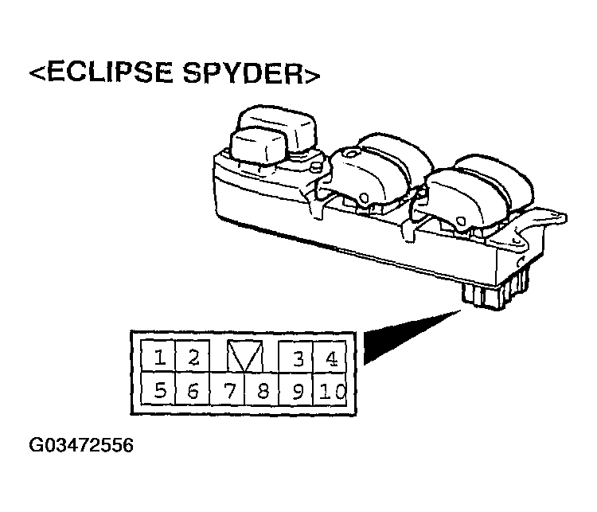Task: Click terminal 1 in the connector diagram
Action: (158, 356)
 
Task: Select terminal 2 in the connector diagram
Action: (193, 356)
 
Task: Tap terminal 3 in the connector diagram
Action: (296, 356)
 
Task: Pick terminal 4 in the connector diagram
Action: (330, 356)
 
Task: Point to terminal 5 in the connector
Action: (158, 389)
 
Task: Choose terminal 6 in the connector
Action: (193, 389)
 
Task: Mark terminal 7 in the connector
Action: (228, 389)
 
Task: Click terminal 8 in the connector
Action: (262, 389)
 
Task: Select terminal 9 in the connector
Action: (296, 389)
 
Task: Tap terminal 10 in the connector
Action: (330, 389)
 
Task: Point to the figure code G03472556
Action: (81, 445)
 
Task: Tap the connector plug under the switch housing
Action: (495, 291)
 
